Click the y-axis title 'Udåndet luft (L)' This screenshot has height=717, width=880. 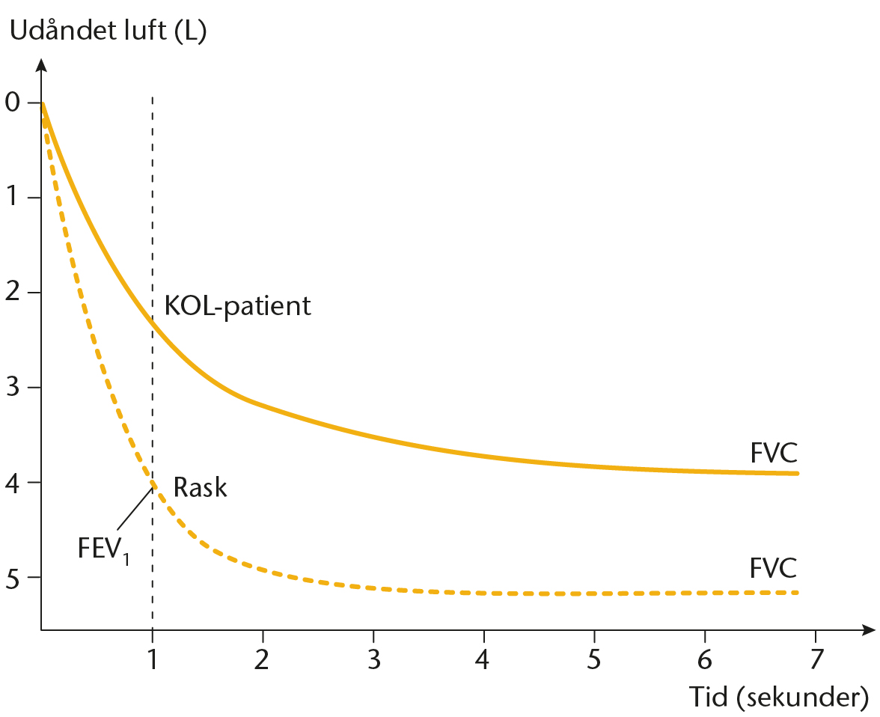[109, 31]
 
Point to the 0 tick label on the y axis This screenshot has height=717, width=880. [13, 103]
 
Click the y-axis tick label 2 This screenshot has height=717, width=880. [13, 293]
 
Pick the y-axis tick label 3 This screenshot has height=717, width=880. [13, 388]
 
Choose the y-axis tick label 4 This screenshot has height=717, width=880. [13, 482]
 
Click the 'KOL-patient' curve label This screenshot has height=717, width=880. [237, 306]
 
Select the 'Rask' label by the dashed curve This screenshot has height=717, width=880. [201, 487]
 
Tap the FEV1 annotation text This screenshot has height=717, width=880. [104, 549]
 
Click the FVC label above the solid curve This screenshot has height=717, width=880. [774, 453]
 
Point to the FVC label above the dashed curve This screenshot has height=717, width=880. [774, 568]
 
